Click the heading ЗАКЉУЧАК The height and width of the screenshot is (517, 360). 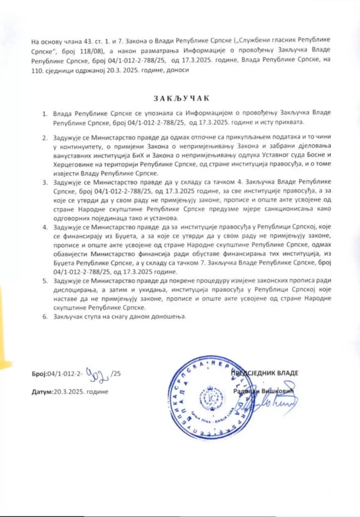(181, 98)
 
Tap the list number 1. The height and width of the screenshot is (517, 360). (45, 114)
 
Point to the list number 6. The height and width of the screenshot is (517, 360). (45, 317)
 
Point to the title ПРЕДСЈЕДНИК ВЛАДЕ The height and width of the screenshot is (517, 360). (265, 373)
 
